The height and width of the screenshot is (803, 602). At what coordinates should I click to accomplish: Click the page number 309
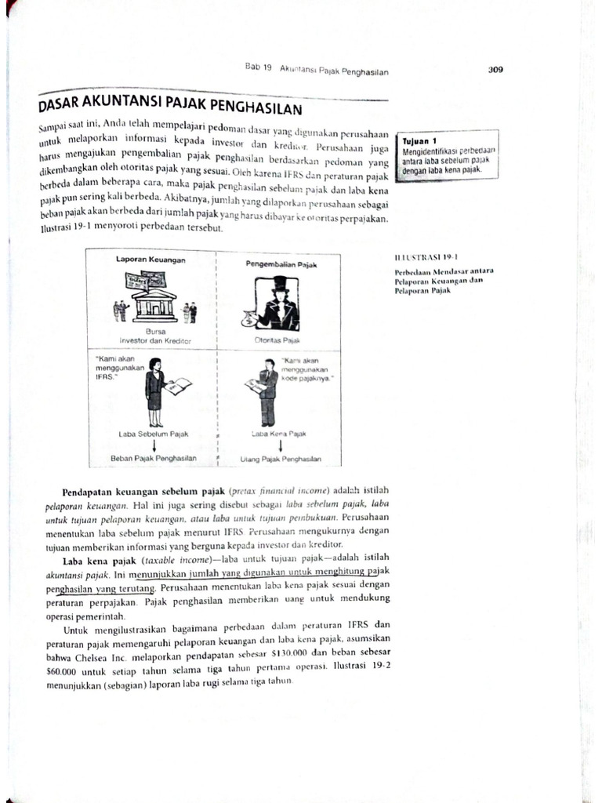pyautogui.click(x=495, y=69)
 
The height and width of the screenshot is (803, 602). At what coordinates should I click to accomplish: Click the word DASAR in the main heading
pyautogui.click(x=65, y=107)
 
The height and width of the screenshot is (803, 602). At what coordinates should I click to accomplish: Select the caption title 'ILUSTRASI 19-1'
pyautogui.click(x=426, y=256)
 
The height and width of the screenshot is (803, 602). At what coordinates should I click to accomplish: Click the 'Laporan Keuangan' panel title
pyautogui.click(x=150, y=260)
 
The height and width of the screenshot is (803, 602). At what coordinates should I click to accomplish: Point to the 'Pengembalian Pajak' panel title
pyautogui.click(x=281, y=265)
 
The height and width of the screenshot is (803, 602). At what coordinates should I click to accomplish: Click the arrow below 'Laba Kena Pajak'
pyautogui.click(x=279, y=445)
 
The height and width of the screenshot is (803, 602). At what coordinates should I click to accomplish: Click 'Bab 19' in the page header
pyautogui.click(x=258, y=68)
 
